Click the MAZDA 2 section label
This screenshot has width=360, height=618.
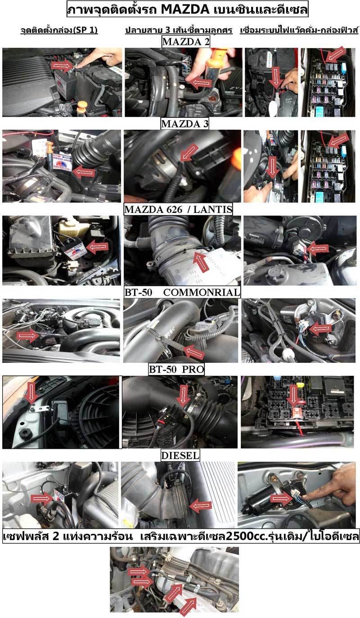[x=186, y=42]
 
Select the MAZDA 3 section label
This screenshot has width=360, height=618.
[x=184, y=124]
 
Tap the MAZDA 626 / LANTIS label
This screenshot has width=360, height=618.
[x=178, y=209]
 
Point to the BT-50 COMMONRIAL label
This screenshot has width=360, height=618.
[x=182, y=293]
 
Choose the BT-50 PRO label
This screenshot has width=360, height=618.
[x=176, y=369]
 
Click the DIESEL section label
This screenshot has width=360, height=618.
[x=180, y=455]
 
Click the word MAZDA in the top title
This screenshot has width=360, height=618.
[x=185, y=9]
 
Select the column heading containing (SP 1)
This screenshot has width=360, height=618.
[x=59, y=30]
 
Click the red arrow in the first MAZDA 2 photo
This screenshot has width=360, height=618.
[x=63, y=65]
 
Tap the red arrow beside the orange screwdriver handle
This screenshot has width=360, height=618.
[x=202, y=82]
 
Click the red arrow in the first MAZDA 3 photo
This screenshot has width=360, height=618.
[x=84, y=172]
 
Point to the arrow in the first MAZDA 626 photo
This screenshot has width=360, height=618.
[x=98, y=246]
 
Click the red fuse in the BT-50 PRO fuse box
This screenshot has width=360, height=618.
[x=296, y=413]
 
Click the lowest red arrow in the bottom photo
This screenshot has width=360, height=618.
[x=188, y=607]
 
